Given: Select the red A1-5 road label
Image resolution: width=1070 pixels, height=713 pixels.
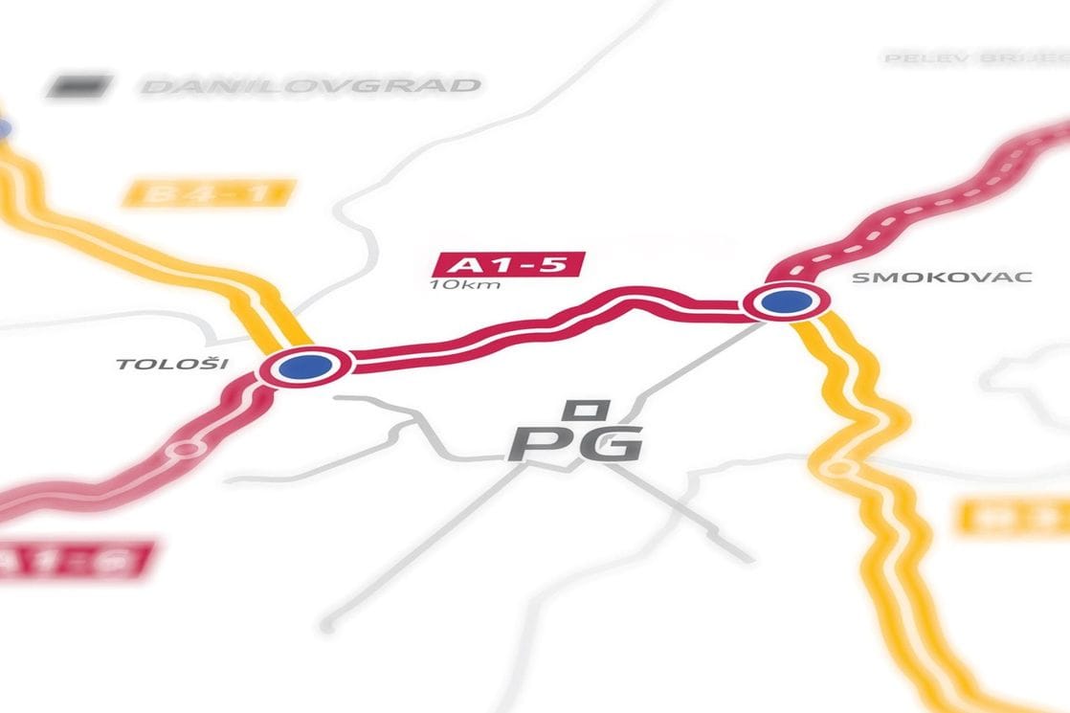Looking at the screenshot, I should tap(508, 263).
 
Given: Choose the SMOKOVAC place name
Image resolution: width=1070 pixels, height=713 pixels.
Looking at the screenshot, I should tap(941, 278).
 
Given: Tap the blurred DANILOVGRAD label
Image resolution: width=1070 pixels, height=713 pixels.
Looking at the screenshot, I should tap(311, 86).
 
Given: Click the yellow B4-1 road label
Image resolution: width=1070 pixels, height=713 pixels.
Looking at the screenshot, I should tap(207, 194).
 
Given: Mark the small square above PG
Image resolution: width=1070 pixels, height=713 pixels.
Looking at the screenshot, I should tap(583, 410).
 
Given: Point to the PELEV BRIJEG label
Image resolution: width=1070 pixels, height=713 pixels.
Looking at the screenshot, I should tap(976, 58).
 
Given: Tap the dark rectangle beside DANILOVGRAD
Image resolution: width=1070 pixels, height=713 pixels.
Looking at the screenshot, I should tap(79, 86).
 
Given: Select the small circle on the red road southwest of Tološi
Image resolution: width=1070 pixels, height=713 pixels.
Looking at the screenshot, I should tap(185, 448).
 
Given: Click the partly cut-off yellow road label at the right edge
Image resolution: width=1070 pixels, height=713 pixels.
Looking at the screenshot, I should tap(1014, 517).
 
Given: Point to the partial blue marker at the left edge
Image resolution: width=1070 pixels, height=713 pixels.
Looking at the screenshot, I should tap(4, 128).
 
